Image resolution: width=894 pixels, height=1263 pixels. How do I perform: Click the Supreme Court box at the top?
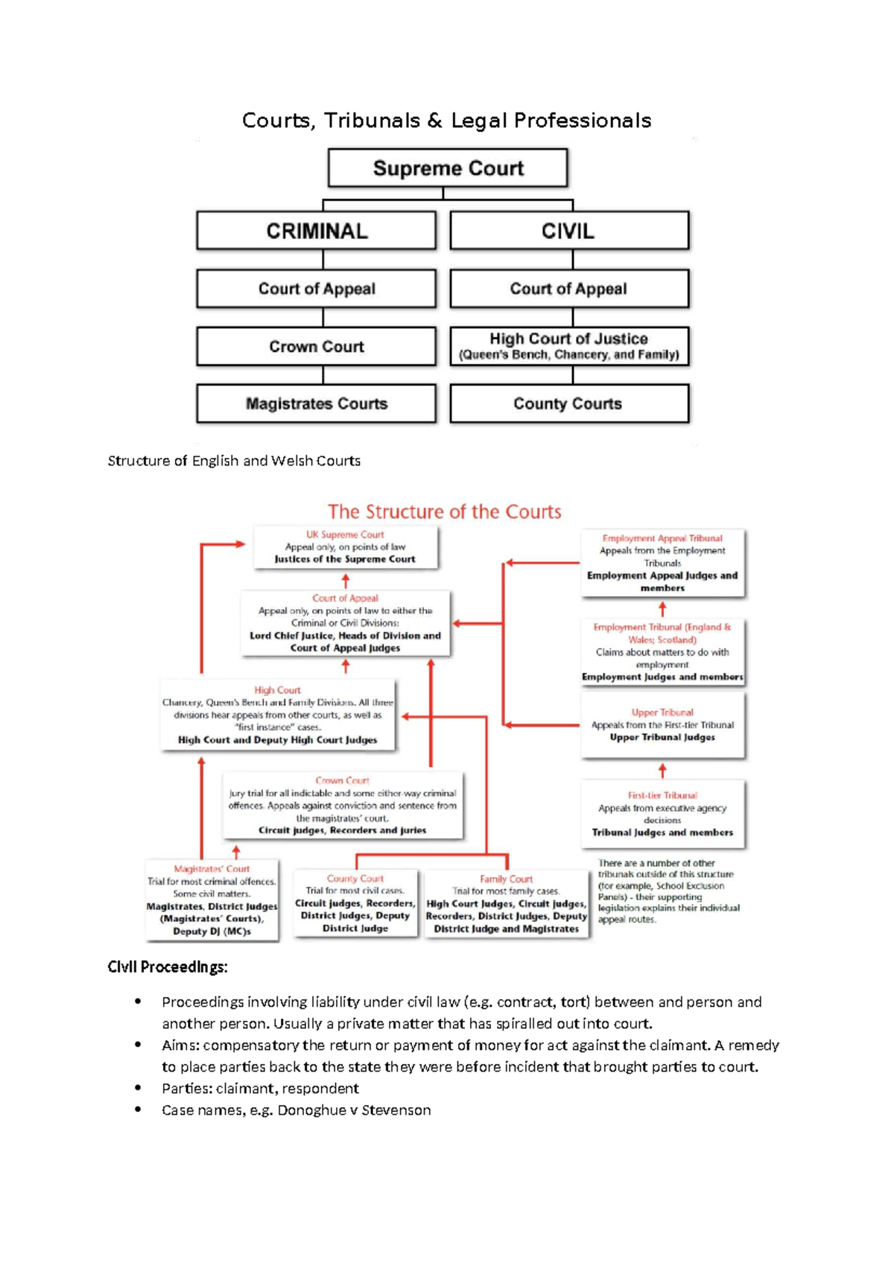pyautogui.click(x=448, y=168)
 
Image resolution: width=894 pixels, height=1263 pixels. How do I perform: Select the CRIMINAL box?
pyautogui.click(x=317, y=231)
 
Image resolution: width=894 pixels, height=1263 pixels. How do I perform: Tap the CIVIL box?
pyautogui.click(x=569, y=231)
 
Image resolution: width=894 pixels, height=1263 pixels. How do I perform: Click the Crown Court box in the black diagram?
pyautogui.click(x=317, y=346)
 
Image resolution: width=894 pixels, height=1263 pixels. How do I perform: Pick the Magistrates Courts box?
pyautogui.click(x=317, y=404)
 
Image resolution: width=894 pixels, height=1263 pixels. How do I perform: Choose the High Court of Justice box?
pyautogui.click(x=569, y=346)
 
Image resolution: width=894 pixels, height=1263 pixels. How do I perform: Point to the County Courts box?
pyautogui.click(x=569, y=404)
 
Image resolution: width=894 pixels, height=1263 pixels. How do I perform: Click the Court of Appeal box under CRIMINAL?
pyautogui.click(x=317, y=289)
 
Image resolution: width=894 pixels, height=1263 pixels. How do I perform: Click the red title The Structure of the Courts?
pyautogui.click(x=444, y=512)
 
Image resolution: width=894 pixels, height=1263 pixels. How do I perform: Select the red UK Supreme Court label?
pyautogui.click(x=345, y=535)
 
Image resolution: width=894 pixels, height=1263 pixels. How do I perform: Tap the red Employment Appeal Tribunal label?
pyautogui.click(x=662, y=538)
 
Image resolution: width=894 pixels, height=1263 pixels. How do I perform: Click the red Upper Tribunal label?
pyautogui.click(x=662, y=713)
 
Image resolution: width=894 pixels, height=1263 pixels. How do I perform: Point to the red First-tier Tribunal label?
pyautogui.click(x=662, y=795)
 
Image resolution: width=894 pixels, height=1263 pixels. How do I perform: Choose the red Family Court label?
pyautogui.click(x=506, y=879)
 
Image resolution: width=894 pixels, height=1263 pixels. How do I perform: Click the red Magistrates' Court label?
pyautogui.click(x=212, y=869)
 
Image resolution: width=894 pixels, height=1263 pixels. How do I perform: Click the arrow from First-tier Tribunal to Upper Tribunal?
pyautogui.click(x=662, y=770)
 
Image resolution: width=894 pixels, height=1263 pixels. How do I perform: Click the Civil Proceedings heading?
pyautogui.click(x=168, y=967)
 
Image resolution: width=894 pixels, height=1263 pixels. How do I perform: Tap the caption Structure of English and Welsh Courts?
pyautogui.click(x=234, y=461)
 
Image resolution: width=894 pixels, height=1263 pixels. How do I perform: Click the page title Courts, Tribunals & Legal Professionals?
pyautogui.click(x=447, y=121)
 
